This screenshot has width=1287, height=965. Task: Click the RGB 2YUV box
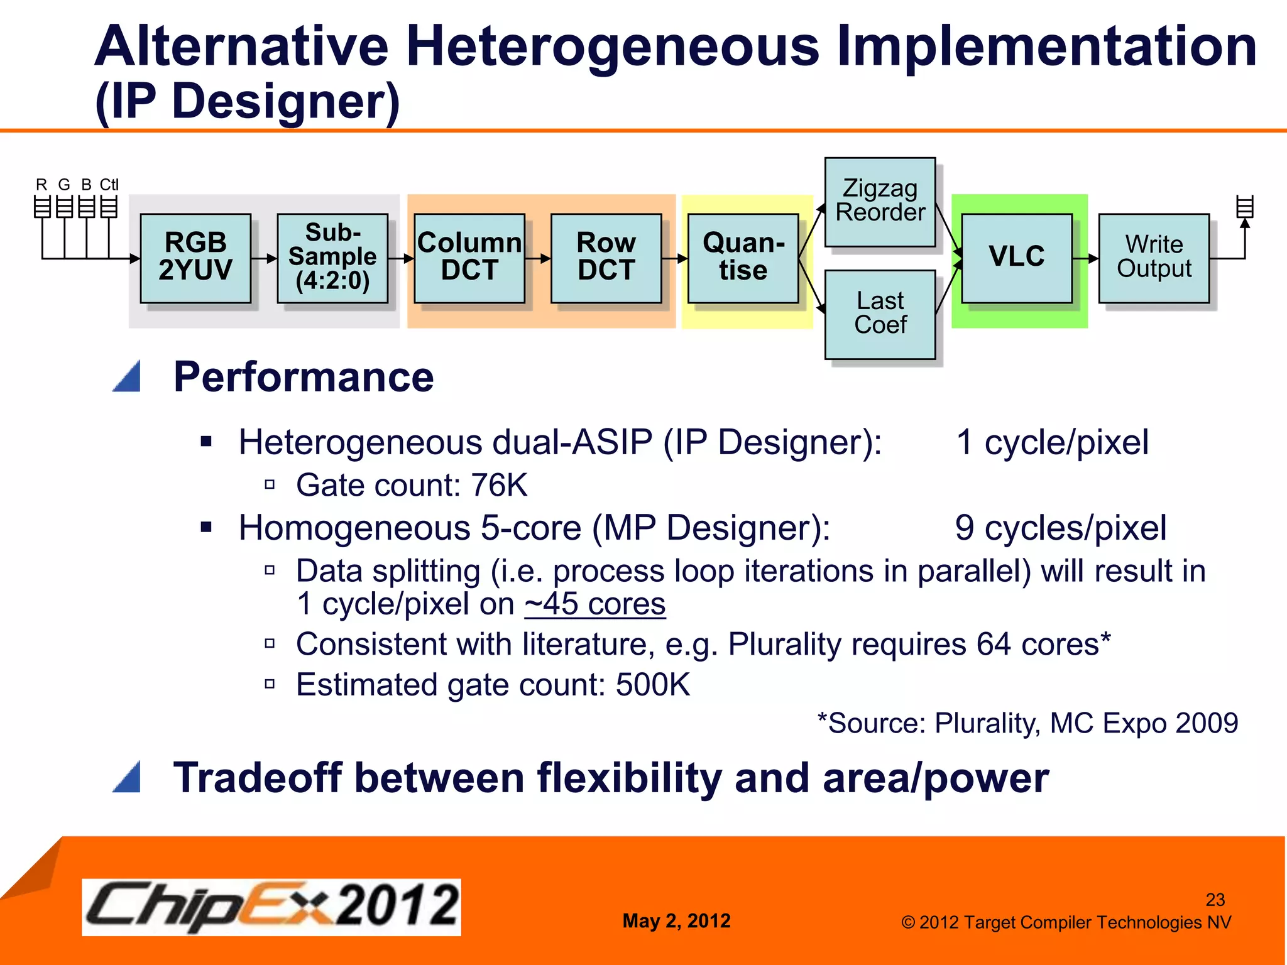tap(195, 258)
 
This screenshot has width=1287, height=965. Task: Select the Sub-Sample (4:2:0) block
tap(332, 258)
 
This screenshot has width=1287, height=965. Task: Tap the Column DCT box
tap(469, 258)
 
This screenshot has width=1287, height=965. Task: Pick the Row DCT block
tap(606, 258)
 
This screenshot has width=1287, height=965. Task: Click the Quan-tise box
tap(743, 258)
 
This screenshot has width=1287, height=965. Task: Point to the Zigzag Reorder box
tap(880, 202)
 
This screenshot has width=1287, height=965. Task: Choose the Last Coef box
tap(880, 314)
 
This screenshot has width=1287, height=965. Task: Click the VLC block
tap(1017, 258)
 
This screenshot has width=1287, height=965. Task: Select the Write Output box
tap(1154, 258)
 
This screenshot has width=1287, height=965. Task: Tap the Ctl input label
tap(109, 185)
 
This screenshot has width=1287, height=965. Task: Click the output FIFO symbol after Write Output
tap(1244, 207)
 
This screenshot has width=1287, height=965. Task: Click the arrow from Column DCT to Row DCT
tap(538, 258)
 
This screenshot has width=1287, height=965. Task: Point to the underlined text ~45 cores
tap(594, 604)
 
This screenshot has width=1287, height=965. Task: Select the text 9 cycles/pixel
tap(1060, 528)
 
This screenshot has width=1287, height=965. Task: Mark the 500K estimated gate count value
tap(652, 685)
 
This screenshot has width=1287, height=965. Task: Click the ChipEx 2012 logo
tap(271, 907)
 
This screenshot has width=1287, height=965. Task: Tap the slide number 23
tap(1215, 900)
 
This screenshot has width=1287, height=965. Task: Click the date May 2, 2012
tap(676, 921)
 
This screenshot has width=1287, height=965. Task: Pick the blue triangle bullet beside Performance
tap(128, 377)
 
